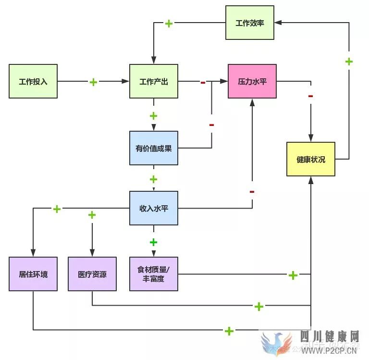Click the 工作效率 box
point(250,23)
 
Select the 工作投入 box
point(33,81)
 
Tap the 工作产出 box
point(154,81)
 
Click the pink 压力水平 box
point(252,81)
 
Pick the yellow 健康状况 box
point(311,159)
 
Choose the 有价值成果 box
point(154,148)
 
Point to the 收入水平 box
point(154,208)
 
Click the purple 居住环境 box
point(33,274)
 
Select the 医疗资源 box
point(92,274)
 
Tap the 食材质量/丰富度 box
point(154,274)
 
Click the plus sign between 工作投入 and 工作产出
point(93,82)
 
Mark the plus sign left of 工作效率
point(169,23)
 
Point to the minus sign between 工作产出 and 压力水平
point(203,83)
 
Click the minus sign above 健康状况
point(311,96)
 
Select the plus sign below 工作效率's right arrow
point(349,62)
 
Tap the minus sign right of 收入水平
point(252,192)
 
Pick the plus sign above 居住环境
point(57,209)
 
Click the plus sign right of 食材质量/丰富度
point(293,275)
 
